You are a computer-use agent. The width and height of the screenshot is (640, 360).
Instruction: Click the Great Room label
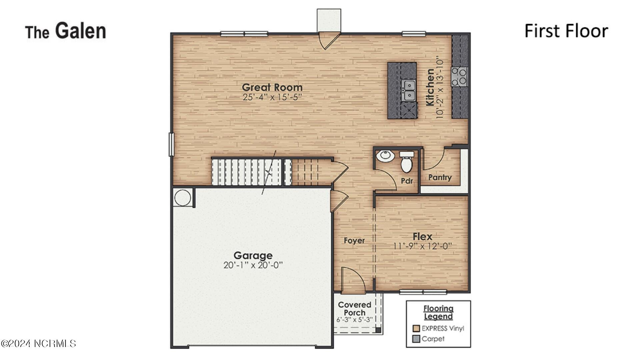[x=272, y=87]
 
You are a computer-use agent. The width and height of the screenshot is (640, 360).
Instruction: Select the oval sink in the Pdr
[x=385, y=156]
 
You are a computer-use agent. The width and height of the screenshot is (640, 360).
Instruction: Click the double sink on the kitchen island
[x=409, y=90]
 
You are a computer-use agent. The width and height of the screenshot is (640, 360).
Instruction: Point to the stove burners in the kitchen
[x=459, y=76]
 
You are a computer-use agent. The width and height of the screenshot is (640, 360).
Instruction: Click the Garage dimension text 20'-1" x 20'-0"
[x=253, y=265]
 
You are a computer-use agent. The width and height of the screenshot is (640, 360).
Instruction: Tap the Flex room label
[x=422, y=237]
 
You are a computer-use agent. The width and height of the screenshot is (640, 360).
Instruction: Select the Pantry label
[x=440, y=177]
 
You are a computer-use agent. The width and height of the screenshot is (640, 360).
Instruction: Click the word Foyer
[x=354, y=241]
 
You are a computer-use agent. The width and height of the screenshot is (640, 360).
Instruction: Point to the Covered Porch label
[x=354, y=309]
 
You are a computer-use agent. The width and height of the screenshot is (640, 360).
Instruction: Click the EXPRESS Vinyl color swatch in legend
[x=416, y=328]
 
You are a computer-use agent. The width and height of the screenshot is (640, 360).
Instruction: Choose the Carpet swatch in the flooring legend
[x=416, y=339]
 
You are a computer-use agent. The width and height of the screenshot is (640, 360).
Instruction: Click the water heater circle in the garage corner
[x=183, y=198]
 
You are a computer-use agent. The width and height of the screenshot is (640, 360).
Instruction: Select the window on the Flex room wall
[x=423, y=292]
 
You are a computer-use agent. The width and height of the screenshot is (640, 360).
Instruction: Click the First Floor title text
[x=566, y=31]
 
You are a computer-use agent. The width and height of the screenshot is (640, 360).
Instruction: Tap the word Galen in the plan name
[x=80, y=31]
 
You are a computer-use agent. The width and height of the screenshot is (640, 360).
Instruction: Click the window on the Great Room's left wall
[x=171, y=144]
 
